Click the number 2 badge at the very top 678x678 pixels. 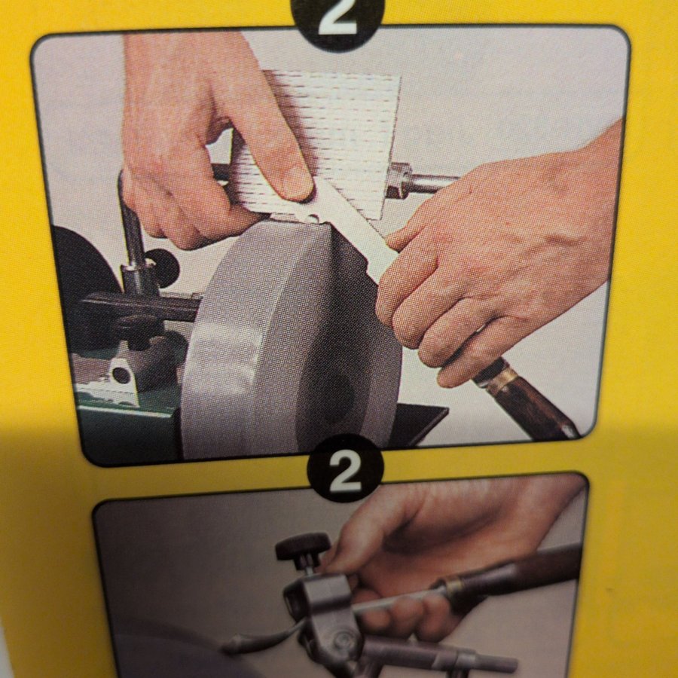(337, 20)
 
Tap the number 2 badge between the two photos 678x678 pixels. (345, 469)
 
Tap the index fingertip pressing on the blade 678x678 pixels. (296, 185)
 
